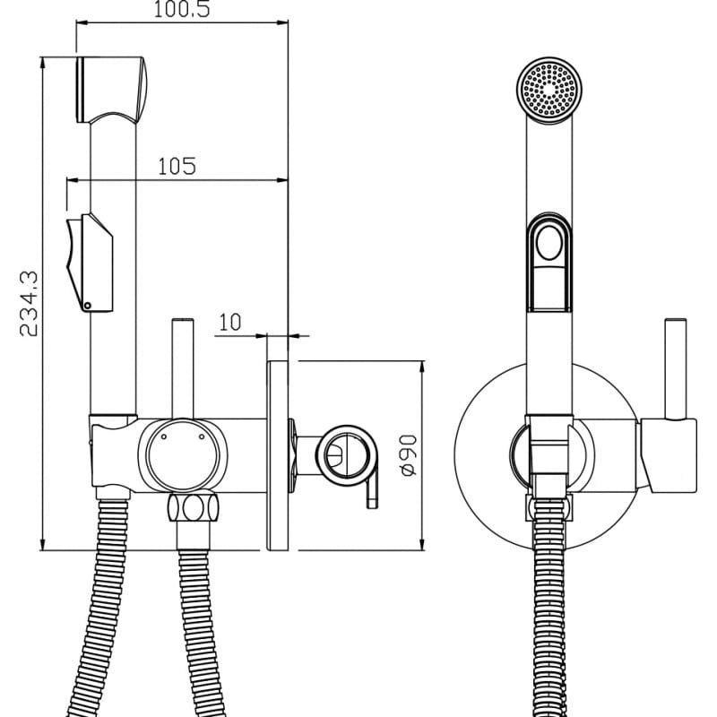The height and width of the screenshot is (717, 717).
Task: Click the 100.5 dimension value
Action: [x=182, y=9]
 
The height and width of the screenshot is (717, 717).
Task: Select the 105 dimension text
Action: [x=177, y=166]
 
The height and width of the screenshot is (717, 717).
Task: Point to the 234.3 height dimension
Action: [x=29, y=304]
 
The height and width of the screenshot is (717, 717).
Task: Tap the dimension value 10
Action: [x=230, y=323]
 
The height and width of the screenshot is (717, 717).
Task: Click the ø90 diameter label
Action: [x=409, y=455]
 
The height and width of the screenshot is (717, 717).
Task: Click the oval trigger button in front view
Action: [x=549, y=243]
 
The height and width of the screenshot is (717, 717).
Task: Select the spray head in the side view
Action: [x=111, y=91]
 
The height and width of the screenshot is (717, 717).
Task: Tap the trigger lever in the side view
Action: [x=91, y=263]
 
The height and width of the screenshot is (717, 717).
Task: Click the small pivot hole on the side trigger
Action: [x=87, y=306]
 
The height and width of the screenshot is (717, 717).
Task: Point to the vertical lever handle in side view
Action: [x=183, y=368]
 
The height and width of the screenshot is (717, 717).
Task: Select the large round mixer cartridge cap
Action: [x=183, y=455]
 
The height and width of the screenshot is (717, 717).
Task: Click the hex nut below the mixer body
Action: [x=193, y=507]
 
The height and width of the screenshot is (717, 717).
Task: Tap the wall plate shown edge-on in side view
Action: [x=278, y=455]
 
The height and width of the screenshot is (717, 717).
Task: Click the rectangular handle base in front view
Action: [x=669, y=455]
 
